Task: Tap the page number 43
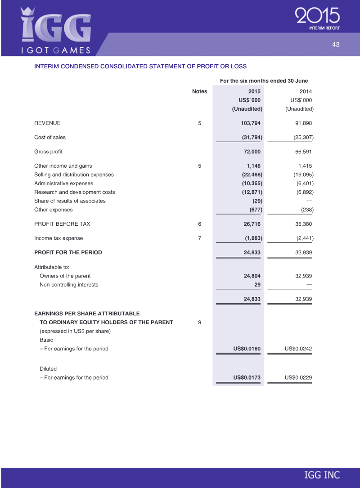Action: coord(336,44)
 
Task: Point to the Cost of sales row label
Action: coord(50,137)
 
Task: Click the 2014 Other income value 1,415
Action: coord(305,166)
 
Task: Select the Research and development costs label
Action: coord(75,192)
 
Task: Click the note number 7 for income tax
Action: coord(199,238)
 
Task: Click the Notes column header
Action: coord(199,91)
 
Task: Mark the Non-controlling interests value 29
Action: coord(257,285)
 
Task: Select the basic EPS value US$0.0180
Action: coord(247,349)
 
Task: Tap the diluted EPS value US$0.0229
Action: coord(298,377)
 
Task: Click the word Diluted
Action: coord(48,368)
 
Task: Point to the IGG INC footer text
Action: coord(322,475)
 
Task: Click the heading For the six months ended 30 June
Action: coord(264,81)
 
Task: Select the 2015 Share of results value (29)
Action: coord(256,201)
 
